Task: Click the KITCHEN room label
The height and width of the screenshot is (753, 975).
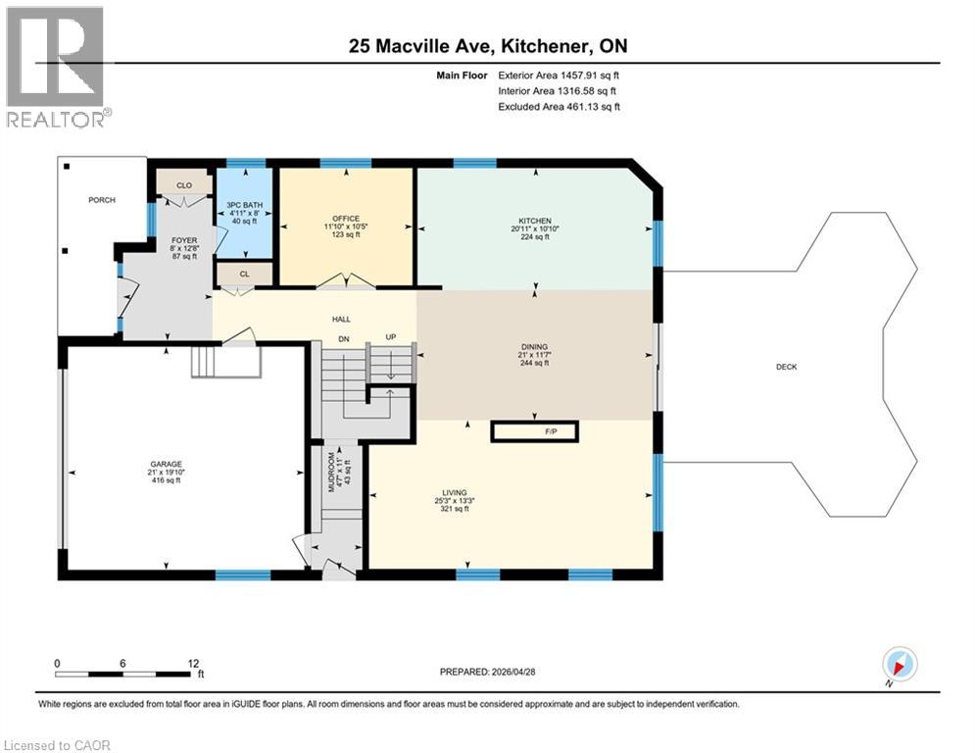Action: (x=535, y=221)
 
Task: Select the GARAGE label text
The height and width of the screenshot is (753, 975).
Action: (x=167, y=464)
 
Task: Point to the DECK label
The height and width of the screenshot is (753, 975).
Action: (x=786, y=367)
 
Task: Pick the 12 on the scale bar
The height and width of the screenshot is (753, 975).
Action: (x=193, y=663)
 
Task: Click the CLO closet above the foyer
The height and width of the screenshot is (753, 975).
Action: (x=184, y=183)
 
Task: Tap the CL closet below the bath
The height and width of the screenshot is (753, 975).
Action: (x=237, y=275)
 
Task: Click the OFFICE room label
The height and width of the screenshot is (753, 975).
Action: (x=346, y=218)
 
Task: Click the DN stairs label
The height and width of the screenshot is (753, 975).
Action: (x=343, y=337)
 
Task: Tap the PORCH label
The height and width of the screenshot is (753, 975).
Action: (x=102, y=200)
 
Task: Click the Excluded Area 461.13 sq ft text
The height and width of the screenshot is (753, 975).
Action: (x=559, y=106)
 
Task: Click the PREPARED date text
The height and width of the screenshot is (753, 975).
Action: (x=489, y=672)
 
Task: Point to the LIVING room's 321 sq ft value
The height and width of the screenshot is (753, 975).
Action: (x=455, y=509)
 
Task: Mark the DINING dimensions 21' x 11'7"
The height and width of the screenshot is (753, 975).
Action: (x=534, y=354)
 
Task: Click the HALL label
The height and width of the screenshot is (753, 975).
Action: (x=341, y=319)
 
